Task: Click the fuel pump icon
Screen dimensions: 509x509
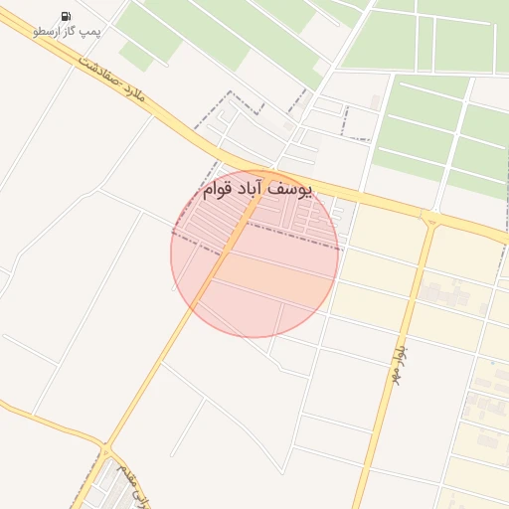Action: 66,16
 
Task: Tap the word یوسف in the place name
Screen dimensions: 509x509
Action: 290,188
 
